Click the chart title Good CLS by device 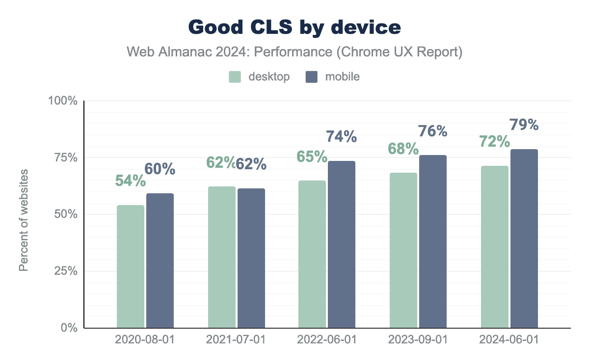(294, 27)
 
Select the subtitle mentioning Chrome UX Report (294, 52)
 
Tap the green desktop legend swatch (235, 77)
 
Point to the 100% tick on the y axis (63, 101)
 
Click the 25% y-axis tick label (65, 271)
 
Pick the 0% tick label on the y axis (68, 328)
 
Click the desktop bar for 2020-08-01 (131, 266)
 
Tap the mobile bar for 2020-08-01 (160, 260)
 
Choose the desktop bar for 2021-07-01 (222, 257)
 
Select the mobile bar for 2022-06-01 (342, 244)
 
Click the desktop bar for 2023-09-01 (403, 250)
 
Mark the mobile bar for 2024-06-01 (524, 238)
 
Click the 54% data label (131, 181)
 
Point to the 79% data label (524, 125)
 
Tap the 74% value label (342, 137)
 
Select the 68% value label (403, 149)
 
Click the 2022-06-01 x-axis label (327, 340)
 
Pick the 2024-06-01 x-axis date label (509, 340)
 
